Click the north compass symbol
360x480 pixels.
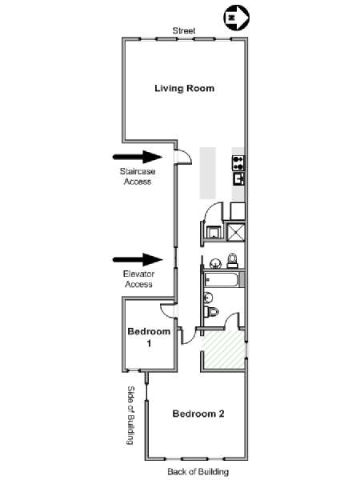tap(236, 18)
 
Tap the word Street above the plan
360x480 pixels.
tap(184, 30)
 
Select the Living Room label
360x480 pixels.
tap(184, 89)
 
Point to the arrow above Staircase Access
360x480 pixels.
tap(138, 157)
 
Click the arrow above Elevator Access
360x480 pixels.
tap(138, 259)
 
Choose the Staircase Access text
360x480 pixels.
tap(138, 176)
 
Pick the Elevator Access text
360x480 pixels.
tap(138, 279)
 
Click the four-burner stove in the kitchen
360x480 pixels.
tap(238, 163)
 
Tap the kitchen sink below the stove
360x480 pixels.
tap(238, 178)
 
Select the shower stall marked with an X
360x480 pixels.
tap(236, 233)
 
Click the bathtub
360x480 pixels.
tap(222, 279)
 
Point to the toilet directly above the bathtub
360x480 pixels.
tap(232, 261)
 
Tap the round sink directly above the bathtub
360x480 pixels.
tap(215, 262)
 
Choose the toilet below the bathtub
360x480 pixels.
tap(211, 312)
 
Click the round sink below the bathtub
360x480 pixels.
tap(209, 298)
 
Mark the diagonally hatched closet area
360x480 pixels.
tap(224, 350)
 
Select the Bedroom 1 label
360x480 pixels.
tap(149, 338)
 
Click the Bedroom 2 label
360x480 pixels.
tap(198, 414)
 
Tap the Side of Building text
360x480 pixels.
tap(130, 415)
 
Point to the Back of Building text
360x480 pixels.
tap(198, 471)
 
